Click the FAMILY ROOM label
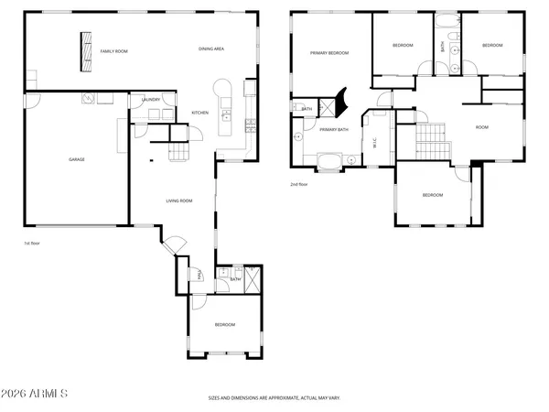(x=113, y=51)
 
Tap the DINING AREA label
(x=212, y=49)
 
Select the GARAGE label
(x=76, y=159)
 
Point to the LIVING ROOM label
(x=178, y=201)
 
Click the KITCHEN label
(x=200, y=114)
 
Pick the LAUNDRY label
(x=150, y=100)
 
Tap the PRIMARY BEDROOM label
(x=329, y=54)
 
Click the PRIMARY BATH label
(x=334, y=130)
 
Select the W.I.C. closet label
(x=375, y=142)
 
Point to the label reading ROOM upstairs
(x=481, y=127)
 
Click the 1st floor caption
(x=33, y=244)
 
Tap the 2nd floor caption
(x=298, y=184)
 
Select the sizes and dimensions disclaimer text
(x=274, y=398)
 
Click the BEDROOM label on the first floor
(x=224, y=325)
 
